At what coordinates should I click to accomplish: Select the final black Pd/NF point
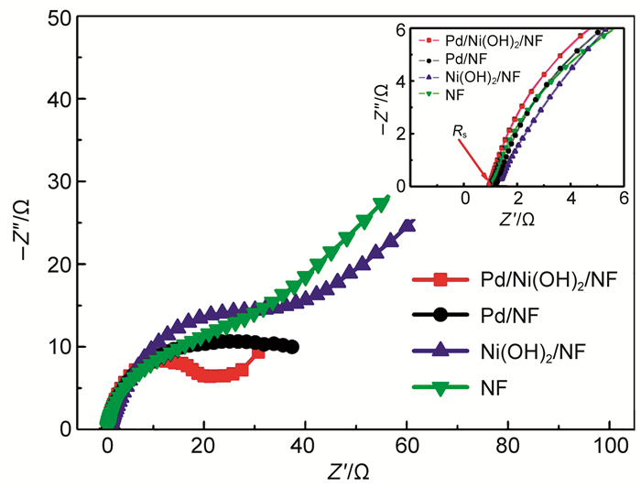(292, 347)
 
